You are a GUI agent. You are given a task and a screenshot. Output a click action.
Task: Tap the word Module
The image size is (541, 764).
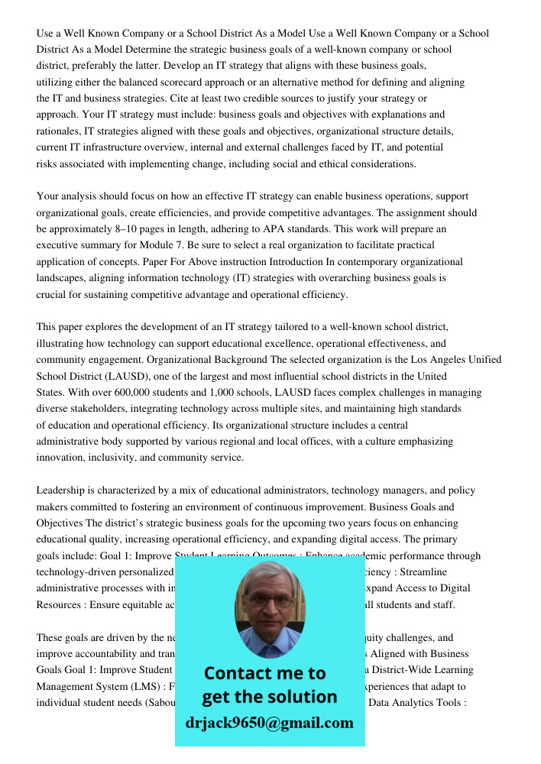pos(172,245)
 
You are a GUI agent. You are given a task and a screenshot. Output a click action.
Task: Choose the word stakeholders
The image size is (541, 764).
pos(106,409)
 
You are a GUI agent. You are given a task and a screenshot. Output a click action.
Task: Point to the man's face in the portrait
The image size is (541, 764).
pos(268,600)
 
